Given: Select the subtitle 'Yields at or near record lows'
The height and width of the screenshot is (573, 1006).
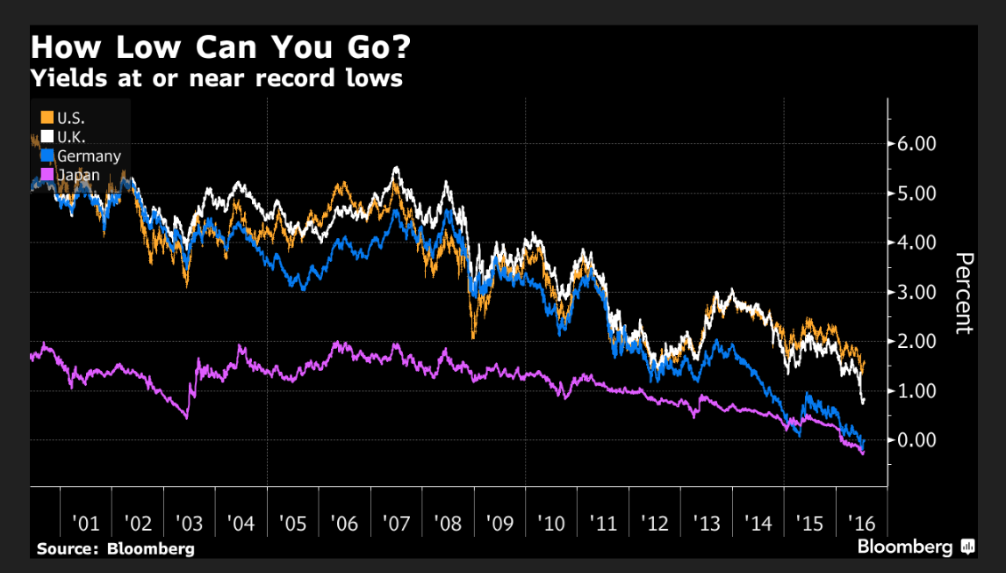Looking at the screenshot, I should pos(216,78).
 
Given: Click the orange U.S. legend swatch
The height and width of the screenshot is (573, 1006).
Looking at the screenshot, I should pos(47,117).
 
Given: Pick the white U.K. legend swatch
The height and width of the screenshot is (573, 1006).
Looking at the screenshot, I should pos(47,136).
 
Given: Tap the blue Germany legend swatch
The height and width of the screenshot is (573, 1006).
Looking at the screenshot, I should pos(47,156).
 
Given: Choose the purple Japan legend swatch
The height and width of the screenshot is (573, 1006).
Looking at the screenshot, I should pos(47,175).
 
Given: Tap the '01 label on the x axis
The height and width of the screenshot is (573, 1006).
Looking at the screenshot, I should pos(85,525).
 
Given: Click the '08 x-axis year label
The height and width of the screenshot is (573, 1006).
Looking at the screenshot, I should pos(449,525).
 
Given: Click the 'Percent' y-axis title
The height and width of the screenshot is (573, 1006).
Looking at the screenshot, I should pos(963,293).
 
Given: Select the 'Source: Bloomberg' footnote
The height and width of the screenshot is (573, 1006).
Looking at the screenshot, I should pos(115,549).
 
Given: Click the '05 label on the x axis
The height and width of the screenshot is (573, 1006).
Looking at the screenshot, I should pos(292,525).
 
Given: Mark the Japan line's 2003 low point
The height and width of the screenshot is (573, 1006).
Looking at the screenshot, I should pos(187,417).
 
